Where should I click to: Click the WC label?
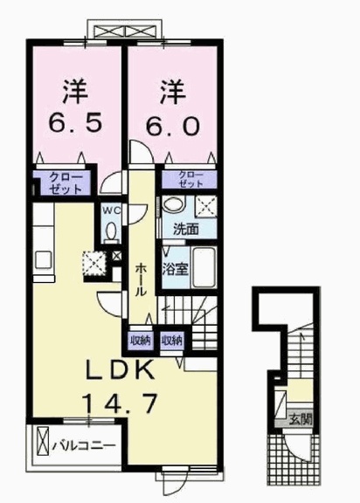[x=112, y=210]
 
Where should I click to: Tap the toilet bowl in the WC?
[x=112, y=232]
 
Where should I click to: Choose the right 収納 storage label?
[x=172, y=340]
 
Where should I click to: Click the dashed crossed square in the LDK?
[x=93, y=262]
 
